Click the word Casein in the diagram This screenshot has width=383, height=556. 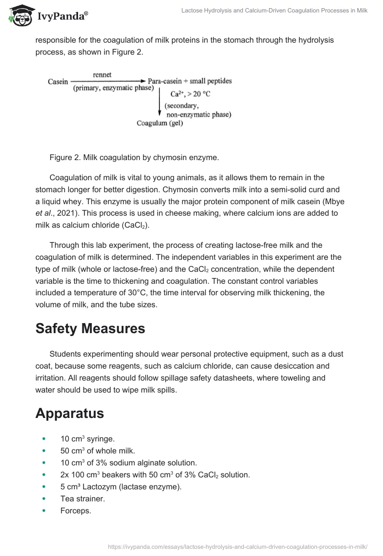[x=58, y=81]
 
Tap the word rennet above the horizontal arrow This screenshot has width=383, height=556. [x=102, y=75]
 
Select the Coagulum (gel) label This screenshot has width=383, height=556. [x=160, y=123]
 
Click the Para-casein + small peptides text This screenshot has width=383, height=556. [x=190, y=81]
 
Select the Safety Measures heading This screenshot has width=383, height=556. [x=90, y=328]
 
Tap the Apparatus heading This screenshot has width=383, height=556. [x=70, y=413]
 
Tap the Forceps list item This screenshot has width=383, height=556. [x=76, y=510]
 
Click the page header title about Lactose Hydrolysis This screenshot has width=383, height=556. [x=274, y=11]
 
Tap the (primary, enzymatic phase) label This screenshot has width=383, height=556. [x=113, y=88]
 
